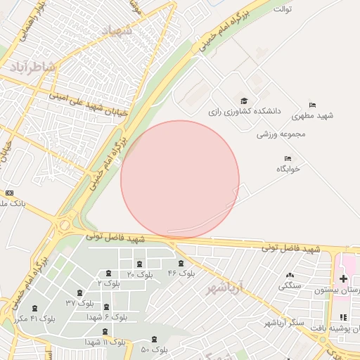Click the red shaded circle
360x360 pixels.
point(180,179)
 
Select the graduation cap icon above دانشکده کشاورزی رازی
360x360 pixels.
point(244,101)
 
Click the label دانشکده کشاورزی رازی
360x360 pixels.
point(244,111)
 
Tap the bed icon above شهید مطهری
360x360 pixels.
point(312,105)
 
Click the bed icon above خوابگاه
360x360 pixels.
point(287,158)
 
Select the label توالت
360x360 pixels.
point(282,9)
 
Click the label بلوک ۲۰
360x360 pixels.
point(139,274)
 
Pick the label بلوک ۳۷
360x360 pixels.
point(79,302)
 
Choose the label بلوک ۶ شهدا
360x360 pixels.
point(106,316)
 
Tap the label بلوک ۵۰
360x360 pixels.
point(154,349)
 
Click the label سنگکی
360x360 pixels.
point(290,285)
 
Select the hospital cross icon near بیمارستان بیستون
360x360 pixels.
point(343,279)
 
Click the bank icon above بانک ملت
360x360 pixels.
point(9,193)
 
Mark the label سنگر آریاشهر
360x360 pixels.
point(286,322)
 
